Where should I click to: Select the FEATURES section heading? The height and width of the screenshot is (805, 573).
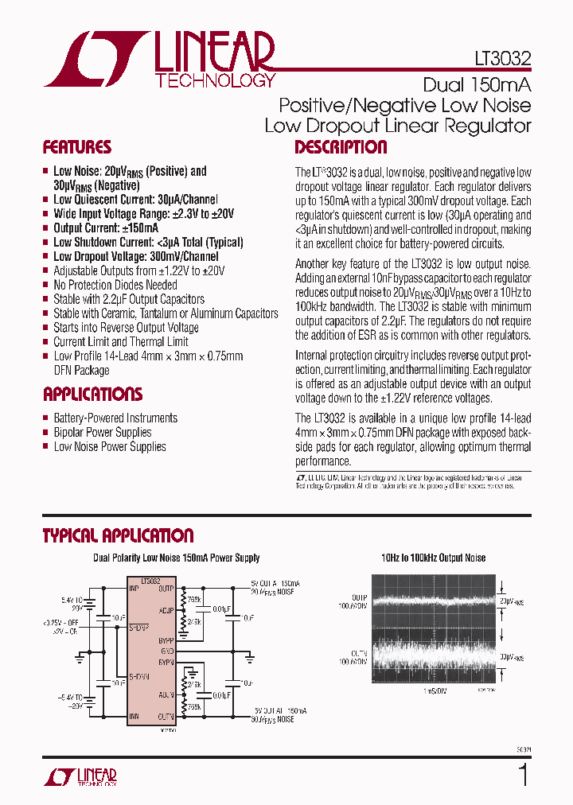click(x=76, y=147)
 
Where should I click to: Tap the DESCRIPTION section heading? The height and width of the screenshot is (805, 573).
click(x=341, y=147)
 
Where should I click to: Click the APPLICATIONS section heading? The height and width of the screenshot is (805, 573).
click(x=92, y=395)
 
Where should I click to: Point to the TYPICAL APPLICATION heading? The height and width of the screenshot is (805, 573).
click(x=118, y=535)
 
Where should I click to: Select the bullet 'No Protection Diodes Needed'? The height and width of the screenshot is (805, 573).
click(x=115, y=285)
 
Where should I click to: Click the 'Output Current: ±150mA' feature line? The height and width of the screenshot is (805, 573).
click(x=105, y=227)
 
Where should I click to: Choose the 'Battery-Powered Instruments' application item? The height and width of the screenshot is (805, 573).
click(x=115, y=418)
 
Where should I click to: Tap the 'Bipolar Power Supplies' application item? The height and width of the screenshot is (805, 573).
click(x=102, y=433)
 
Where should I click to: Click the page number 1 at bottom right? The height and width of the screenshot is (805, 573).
click(x=523, y=775)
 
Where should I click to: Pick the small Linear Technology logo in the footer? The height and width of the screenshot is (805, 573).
click(x=79, y=777)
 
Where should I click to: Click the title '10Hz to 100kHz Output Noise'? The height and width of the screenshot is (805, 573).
click(x=433, y=558)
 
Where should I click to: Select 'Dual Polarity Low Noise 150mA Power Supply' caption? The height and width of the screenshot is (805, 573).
click(x=177, y=558)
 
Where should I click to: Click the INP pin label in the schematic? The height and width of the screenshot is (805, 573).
click(x=133, y=589)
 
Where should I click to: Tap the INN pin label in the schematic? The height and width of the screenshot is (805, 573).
click(x=133, y=716)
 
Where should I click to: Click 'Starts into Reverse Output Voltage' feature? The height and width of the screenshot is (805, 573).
click(x=126, y=328)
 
